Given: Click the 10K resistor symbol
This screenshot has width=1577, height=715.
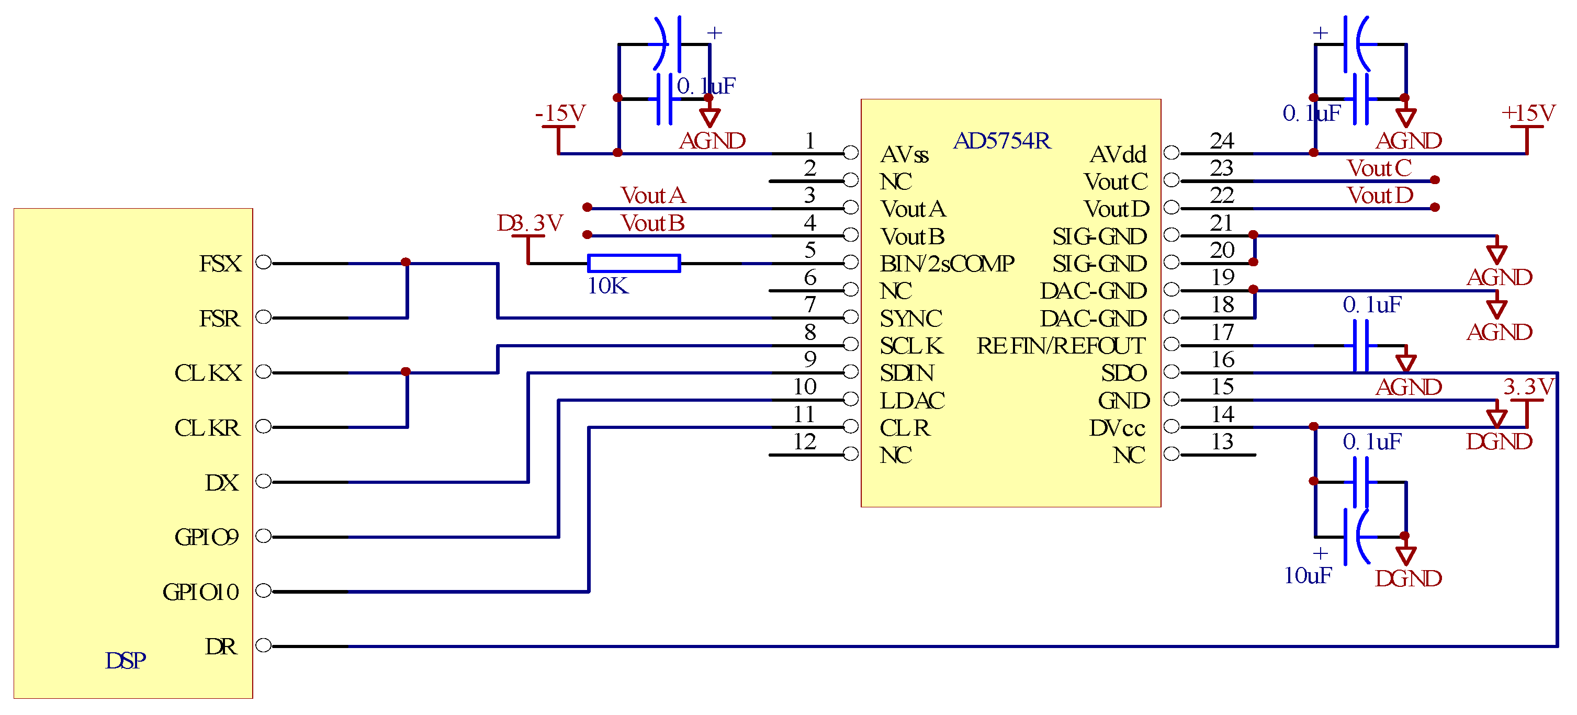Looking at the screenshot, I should click(x=634, y=263).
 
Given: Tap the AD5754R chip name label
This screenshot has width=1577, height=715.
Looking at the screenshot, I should click(x=1001, y=141).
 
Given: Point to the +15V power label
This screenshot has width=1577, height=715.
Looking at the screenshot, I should click(x=1528, y=114).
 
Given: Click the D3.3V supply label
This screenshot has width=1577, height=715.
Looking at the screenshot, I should click(x=530, y=223).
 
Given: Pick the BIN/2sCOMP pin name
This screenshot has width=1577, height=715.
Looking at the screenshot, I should click(x=947, y=264).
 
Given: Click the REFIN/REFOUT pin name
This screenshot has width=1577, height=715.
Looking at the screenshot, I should click(x=1060, y=346).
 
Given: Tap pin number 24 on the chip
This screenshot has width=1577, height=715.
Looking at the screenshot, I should click(x=1221, y=141).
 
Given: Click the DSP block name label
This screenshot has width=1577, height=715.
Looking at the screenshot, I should click(x=126, y=661).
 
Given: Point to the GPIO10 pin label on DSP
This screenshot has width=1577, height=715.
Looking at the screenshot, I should click(x=201, y=592).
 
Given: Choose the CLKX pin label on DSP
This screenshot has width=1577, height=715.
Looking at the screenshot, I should click(x=208, y=373).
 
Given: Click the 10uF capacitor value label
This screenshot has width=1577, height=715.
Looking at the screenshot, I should click(x=1308, y=575).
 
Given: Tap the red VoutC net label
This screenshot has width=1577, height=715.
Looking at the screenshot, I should click(x=1379, y=168).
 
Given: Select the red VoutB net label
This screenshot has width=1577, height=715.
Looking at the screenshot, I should click(x=652, y=223).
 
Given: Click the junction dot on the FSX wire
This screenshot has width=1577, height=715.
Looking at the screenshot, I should click(x=405, y=262).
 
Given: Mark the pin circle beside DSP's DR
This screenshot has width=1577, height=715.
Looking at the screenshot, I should click(x=263, y=645).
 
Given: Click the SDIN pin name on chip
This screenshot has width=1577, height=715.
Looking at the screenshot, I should click(x=907, y=373).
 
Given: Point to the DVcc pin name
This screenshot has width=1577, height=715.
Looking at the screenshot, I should click(x=1117, y=428).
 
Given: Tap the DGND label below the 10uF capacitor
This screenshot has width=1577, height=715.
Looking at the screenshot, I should click(x=1408, y=578).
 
